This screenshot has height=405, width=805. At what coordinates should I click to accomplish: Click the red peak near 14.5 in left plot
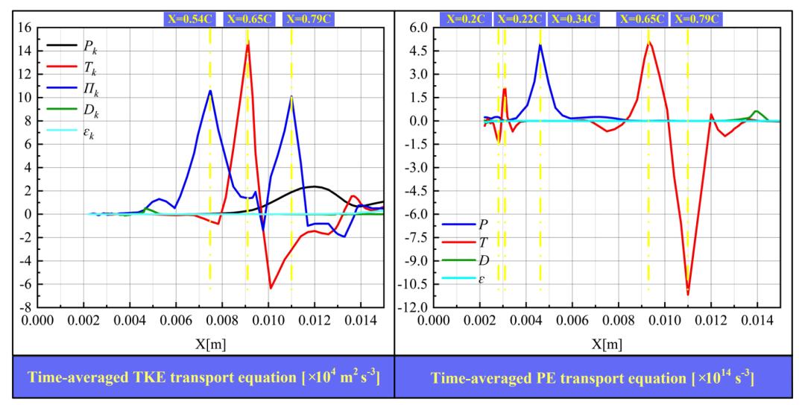coord(247,44)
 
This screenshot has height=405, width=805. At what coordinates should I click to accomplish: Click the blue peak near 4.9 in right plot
coord(540,45)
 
